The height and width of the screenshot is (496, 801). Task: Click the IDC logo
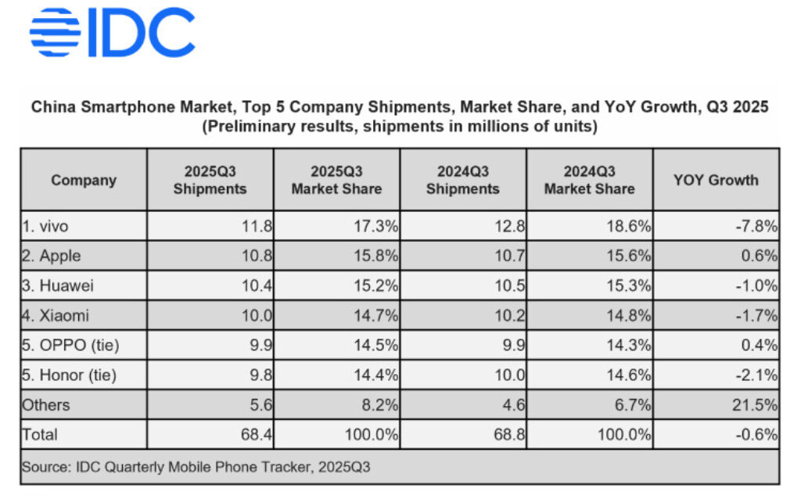[x=112, y=33]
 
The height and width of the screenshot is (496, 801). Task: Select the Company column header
[x=84, y=180]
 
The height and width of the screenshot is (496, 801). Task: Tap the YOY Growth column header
[x=716, y=180]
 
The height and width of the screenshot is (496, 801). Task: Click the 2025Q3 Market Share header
[x=336, y=180]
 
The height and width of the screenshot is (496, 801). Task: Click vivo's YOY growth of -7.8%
[x=757, y=226]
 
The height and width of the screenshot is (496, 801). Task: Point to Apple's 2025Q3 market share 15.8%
[x=376, y=256]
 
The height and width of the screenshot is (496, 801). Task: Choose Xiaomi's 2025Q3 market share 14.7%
[x=376, y=315]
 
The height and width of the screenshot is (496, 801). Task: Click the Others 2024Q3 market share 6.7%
[x=634, y=404]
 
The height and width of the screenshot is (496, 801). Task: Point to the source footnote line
[x=196, y=467]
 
